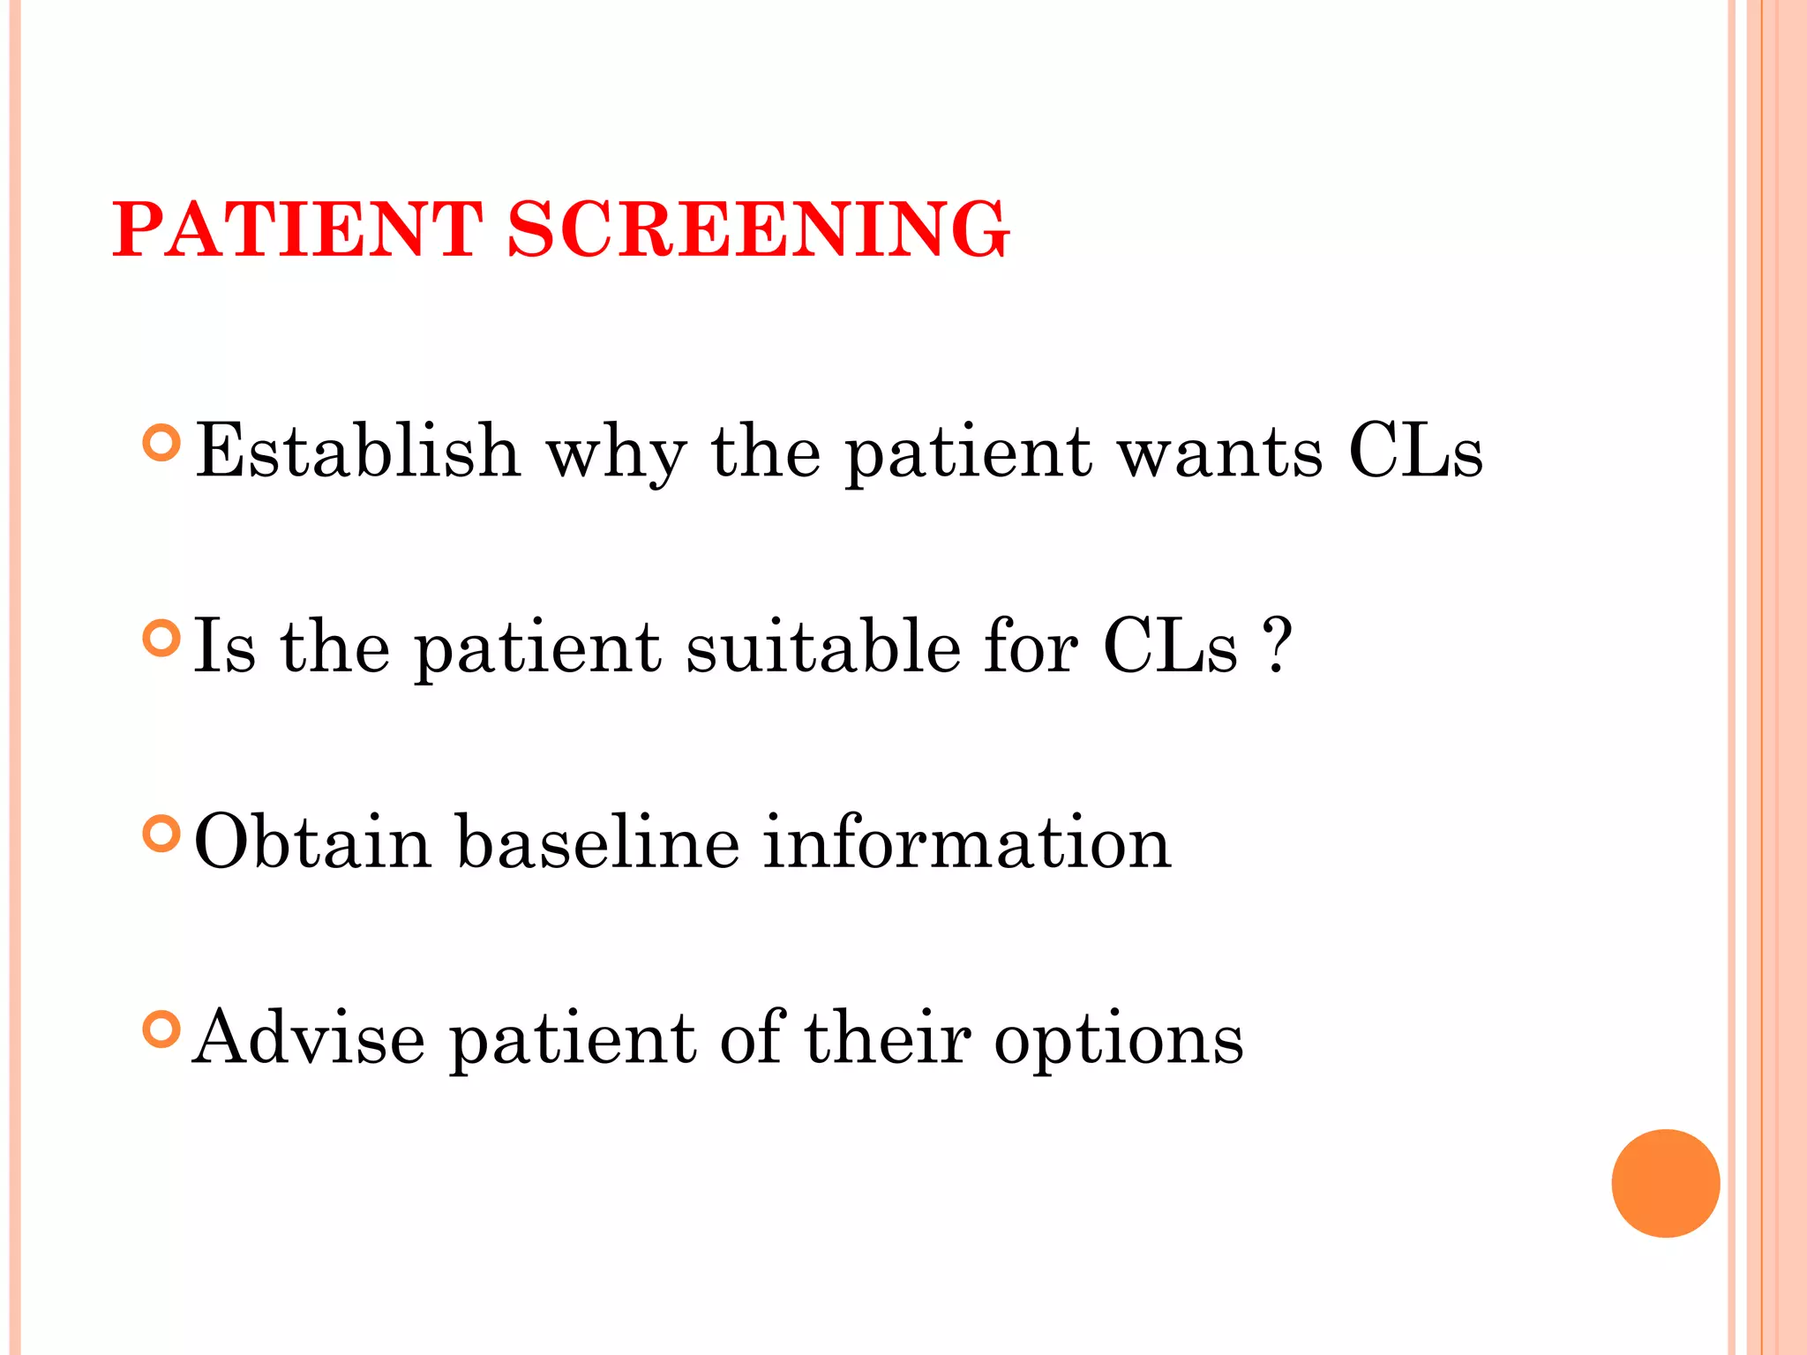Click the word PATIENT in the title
pos(297,229)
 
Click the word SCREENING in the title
pos(759,229)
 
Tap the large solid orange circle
pos(1665,1183)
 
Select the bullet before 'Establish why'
pos(161,443)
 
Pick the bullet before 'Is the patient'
pos(161,638)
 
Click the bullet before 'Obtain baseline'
pos(161,834)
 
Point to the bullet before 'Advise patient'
pos(161,1029)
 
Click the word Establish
pos(357,451)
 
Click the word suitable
pos(824,647)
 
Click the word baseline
pos(598,842)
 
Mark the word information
pos(967,842)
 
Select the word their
pos(888,1037)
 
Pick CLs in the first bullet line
pos(1415,451)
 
